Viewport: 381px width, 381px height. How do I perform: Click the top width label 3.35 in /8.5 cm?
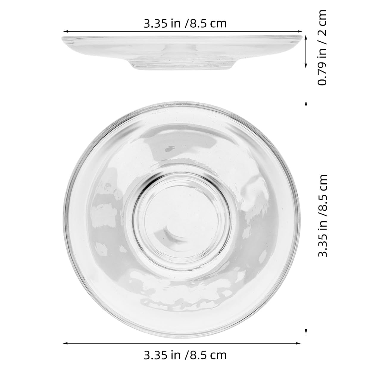coord(185,24)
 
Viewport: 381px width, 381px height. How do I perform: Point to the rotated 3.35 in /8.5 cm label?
coord(322,216)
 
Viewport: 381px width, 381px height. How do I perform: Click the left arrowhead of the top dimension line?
coord(65,31)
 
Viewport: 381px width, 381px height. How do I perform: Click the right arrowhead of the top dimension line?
coord(300,31)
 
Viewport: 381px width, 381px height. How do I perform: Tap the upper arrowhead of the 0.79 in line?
coord(306,38)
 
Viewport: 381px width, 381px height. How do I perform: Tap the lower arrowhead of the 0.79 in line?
coord(306,66)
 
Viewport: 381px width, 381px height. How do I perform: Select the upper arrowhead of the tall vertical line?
coord(306,103)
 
